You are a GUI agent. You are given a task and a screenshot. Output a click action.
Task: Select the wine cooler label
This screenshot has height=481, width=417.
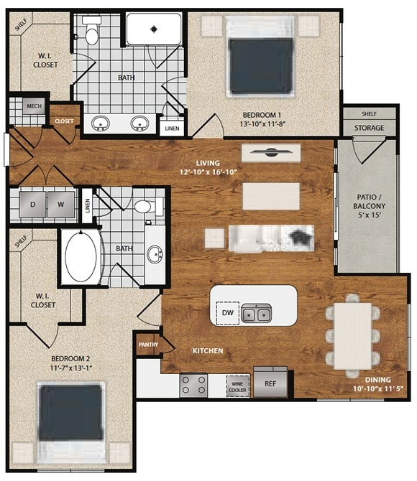238,386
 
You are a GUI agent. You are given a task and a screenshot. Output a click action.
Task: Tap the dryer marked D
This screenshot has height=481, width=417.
32,202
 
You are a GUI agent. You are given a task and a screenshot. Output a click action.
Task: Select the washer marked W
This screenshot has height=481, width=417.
62,202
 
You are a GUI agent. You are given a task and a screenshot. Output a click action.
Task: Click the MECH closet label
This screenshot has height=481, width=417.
34,107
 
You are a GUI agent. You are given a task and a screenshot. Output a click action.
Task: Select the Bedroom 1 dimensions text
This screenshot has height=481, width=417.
262,124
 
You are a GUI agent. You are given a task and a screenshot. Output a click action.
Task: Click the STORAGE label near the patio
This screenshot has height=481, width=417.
369,129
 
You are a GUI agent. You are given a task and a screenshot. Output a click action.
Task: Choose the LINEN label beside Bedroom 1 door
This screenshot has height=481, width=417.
172,129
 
